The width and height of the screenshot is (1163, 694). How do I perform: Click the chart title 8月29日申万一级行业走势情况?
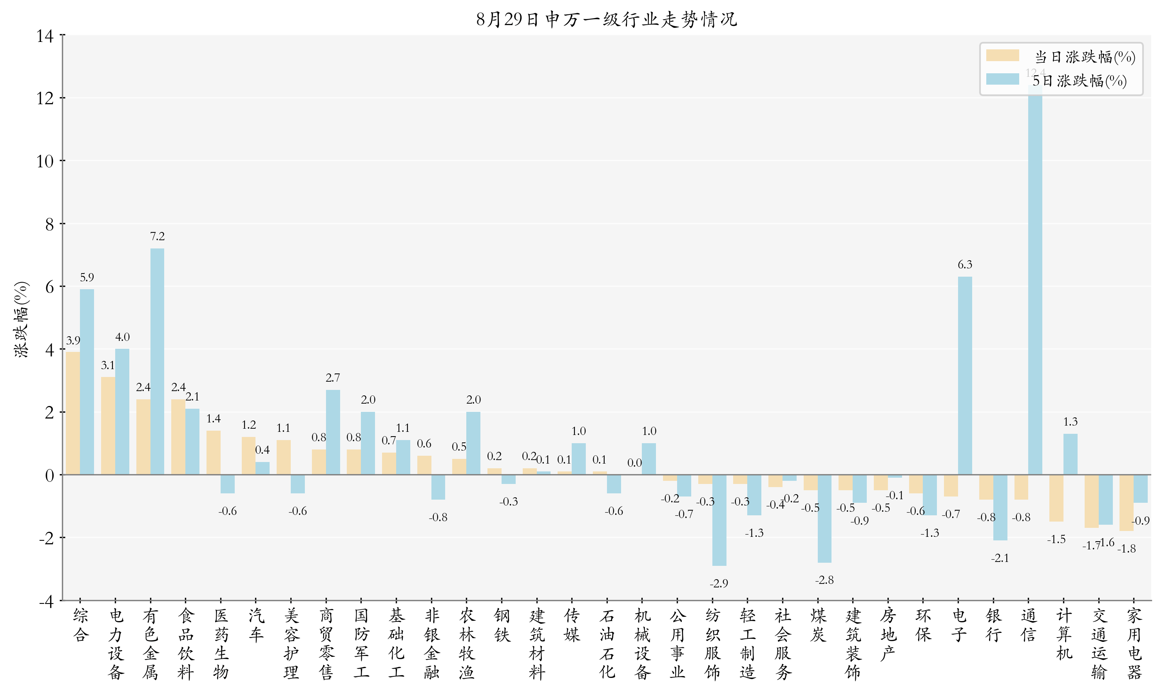point(607,20)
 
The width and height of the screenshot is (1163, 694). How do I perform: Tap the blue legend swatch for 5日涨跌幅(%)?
point(1002,80)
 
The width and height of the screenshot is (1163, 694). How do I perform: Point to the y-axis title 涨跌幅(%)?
point(22,319)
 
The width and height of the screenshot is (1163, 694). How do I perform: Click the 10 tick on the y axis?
point(45,161)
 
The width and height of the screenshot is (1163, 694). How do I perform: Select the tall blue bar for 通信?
point(1035,281)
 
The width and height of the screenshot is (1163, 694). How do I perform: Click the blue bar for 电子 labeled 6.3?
point(965,375)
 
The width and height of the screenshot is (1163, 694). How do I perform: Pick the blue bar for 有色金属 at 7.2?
point(157,361)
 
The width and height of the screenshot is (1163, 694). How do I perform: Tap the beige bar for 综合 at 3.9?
point(73,413)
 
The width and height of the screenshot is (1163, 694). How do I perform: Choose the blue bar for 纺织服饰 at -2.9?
point(719,520)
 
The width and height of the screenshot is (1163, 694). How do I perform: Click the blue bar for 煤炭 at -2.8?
point(824,518)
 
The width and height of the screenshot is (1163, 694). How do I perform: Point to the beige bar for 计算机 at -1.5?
point(1056,498)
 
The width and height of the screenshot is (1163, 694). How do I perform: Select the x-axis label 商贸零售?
point(326,643)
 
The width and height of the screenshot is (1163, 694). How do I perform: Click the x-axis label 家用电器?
point(1134,643)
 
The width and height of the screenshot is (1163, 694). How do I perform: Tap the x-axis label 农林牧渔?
point(467,643)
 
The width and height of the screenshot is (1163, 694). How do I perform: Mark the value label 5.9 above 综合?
point(87,278)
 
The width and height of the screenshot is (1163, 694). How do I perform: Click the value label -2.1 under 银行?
point(1000,558)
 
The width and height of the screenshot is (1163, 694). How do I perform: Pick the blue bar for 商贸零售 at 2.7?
point(333,432)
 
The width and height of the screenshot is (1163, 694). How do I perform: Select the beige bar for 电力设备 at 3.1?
point(108,426)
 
